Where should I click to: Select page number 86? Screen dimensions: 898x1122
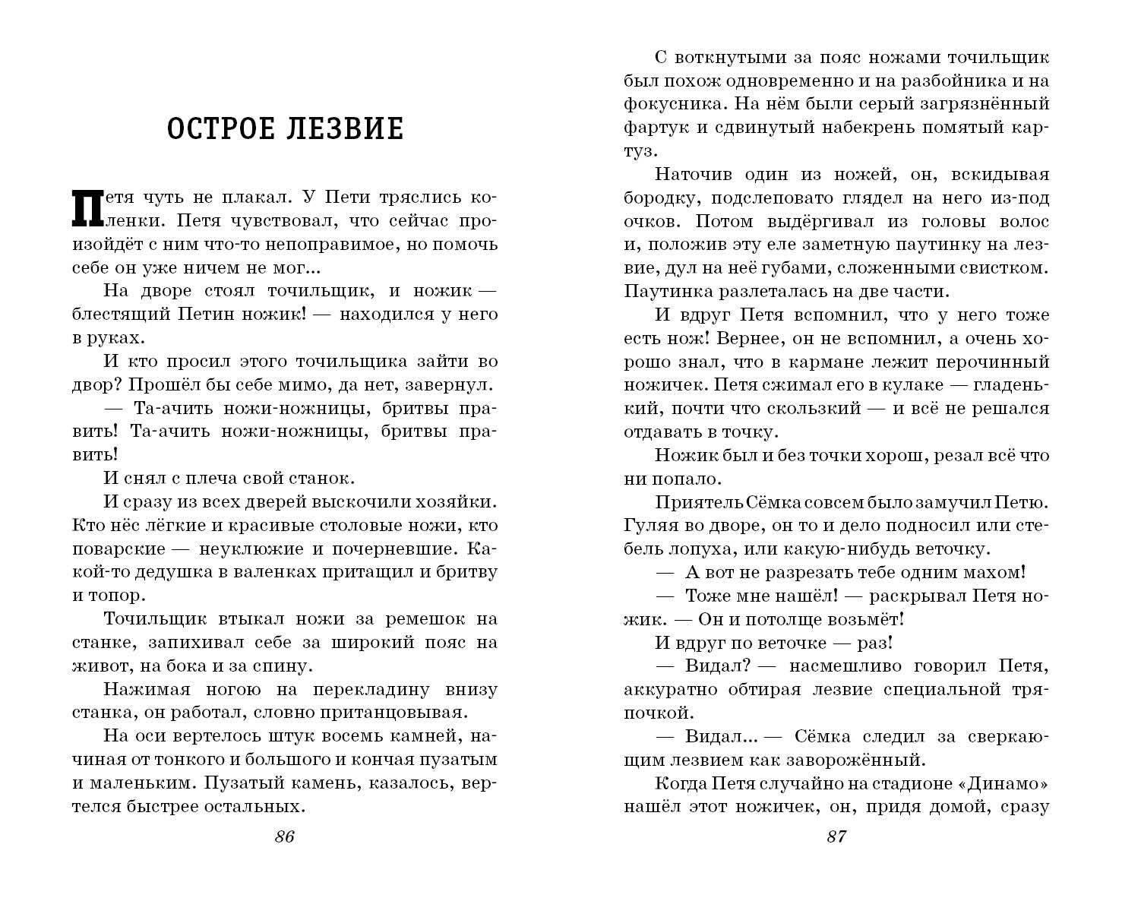pos(284,836)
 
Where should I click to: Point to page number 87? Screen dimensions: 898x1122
pos(836,836)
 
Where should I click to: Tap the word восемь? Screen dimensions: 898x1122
pos(323,736)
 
